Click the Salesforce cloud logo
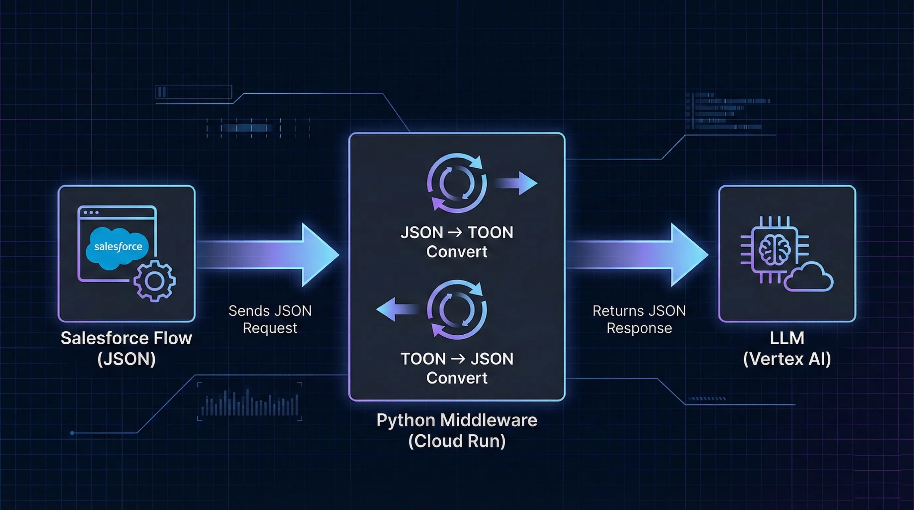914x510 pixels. pos(118,247)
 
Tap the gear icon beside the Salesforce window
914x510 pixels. pos(155,281)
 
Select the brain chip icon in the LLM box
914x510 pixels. pos(774,250)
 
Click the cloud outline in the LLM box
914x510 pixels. pos(809,278)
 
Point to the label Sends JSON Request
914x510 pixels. pos(270,319)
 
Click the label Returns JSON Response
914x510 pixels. pos(639,319)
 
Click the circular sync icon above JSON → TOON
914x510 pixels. pos(457,183)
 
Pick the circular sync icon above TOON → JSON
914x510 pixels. pos(457,309)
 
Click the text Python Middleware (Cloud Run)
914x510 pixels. pos(457,430)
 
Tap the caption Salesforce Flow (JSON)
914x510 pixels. pos(126,348)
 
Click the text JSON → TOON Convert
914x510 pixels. pos(457,242)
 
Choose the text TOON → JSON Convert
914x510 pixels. pos(457,368)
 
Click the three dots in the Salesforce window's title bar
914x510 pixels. pos(91,212)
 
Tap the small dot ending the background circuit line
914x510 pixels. pos(72,433)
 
